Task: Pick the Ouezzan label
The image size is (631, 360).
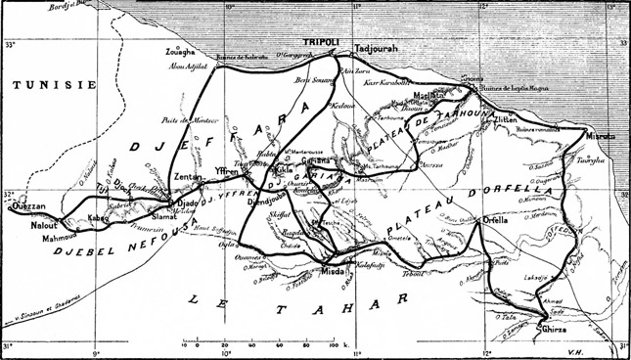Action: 27,206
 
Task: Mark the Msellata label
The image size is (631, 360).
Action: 431,95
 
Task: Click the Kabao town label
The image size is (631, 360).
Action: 101,218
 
